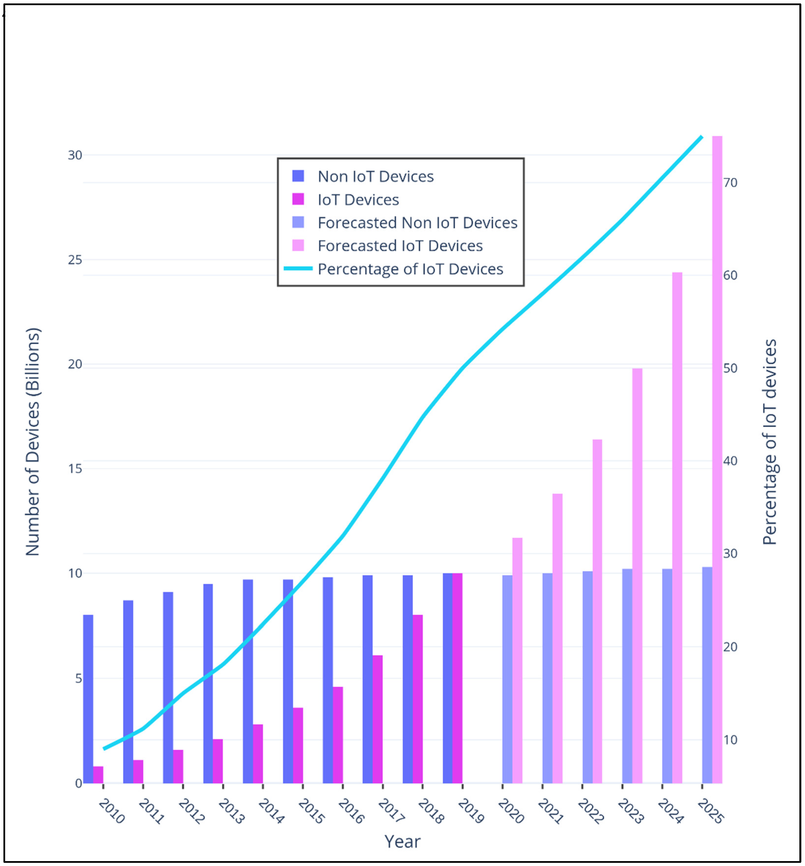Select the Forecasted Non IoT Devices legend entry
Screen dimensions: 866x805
(417, 223)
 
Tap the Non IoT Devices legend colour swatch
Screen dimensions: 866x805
(298, 176)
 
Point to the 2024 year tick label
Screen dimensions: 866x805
(670, 811)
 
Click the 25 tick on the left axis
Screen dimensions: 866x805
(75, 260)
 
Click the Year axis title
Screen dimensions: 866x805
(403, 842)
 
